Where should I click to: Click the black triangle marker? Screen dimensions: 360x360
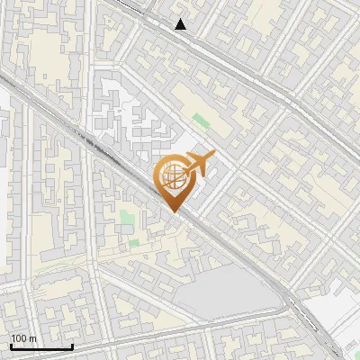[181, 24]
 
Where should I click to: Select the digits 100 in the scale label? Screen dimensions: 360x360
[20, 338]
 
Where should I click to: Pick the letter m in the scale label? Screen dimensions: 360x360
[32, 338]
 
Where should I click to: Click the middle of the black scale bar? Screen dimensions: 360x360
[41, 346]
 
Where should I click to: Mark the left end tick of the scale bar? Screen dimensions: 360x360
[11, 346]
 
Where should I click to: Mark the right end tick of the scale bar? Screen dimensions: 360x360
[72, 346]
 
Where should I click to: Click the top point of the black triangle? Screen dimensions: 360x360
[181, 19]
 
